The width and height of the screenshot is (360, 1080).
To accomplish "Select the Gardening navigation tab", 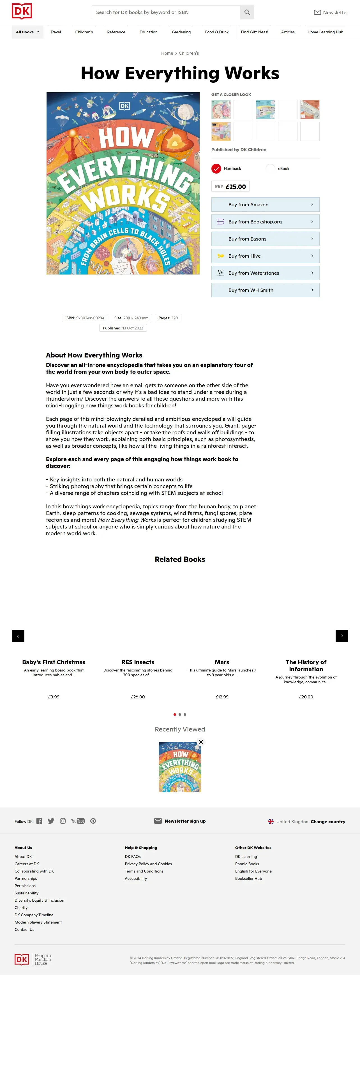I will tap(181, 32).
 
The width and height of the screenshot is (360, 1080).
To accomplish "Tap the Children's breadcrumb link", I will tap(189, 53).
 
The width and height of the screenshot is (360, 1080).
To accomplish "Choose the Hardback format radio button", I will tap(216, 169).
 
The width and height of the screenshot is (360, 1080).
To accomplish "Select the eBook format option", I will tap(271, 169).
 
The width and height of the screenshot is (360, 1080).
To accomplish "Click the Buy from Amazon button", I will tap(265, 205).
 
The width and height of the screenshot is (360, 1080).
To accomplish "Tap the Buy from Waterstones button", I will tap(265, 273).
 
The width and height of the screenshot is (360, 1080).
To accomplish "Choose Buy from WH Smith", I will tap(265, 290).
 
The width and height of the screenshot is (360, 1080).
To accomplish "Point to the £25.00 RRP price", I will tap(236, 186).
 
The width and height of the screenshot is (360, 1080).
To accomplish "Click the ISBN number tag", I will tap(85, 318).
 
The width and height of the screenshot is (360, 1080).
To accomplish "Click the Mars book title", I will tap(222, 662).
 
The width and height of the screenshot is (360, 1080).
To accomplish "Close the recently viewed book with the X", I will tap(201, 742).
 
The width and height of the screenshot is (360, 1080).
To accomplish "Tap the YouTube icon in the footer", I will tap(78, 821).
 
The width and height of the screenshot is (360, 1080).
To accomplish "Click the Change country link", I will tap(328, 822).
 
